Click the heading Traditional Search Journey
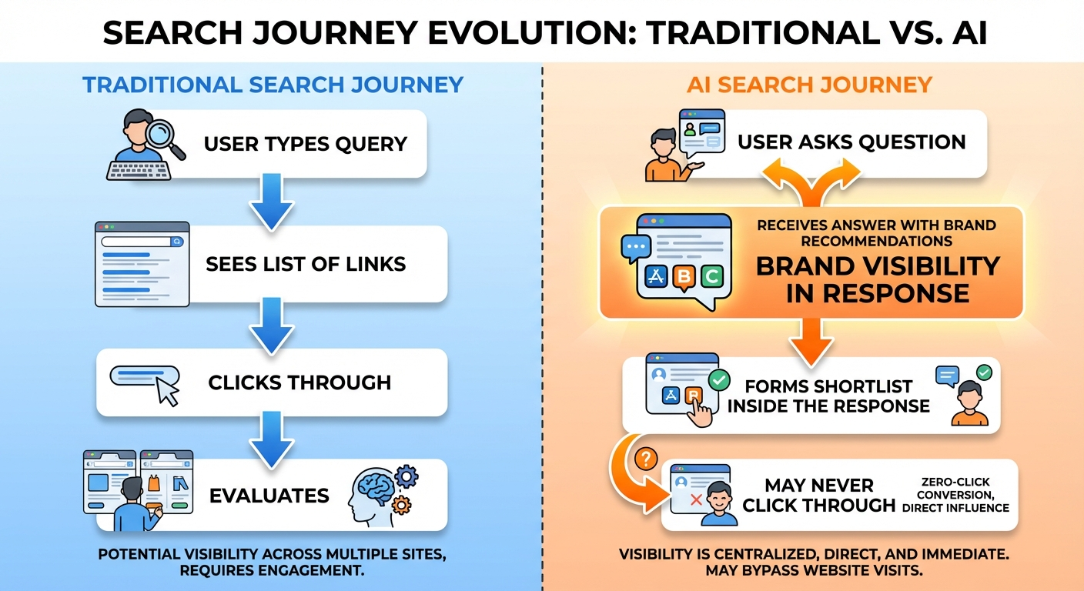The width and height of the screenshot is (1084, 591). (273, 84)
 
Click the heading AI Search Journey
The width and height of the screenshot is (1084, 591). (809, 84)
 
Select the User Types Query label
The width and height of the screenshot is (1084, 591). (305, 144)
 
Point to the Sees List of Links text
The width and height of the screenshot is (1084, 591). (306, 264)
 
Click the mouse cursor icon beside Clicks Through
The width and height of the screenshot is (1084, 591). (167, 392)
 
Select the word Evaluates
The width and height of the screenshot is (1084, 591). (269, 495)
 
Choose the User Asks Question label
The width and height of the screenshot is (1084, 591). (851, 142)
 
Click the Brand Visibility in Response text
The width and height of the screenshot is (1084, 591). (878, 279)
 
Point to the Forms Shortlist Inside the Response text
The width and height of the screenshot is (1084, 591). (828, 396)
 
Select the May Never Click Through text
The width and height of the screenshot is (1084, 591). (819, 495)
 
